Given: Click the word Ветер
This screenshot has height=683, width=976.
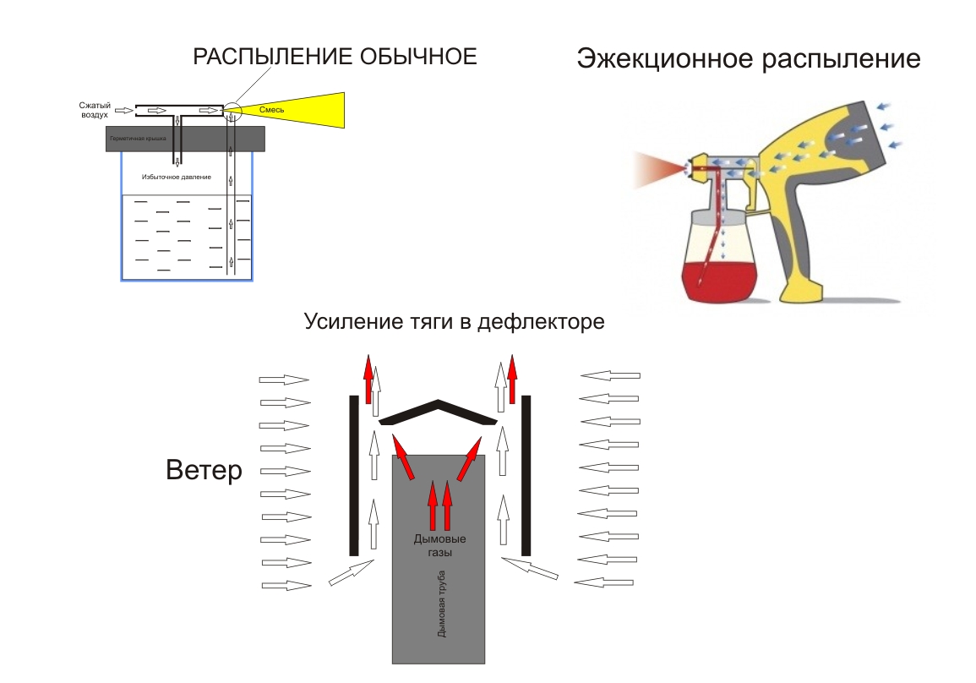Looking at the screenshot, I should (204, 471).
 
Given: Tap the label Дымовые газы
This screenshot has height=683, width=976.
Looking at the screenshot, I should (439, 545).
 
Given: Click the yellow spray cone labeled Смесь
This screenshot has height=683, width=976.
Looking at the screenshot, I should (313, 110).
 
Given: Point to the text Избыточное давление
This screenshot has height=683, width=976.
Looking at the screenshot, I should (176, 178).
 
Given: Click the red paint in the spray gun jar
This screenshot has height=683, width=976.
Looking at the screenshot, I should (723, 283).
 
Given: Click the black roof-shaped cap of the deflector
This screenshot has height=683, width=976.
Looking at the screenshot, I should (438, 412).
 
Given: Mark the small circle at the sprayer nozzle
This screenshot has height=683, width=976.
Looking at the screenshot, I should (232, 112).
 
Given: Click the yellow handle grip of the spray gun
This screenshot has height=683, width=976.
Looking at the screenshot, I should (803, 254).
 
